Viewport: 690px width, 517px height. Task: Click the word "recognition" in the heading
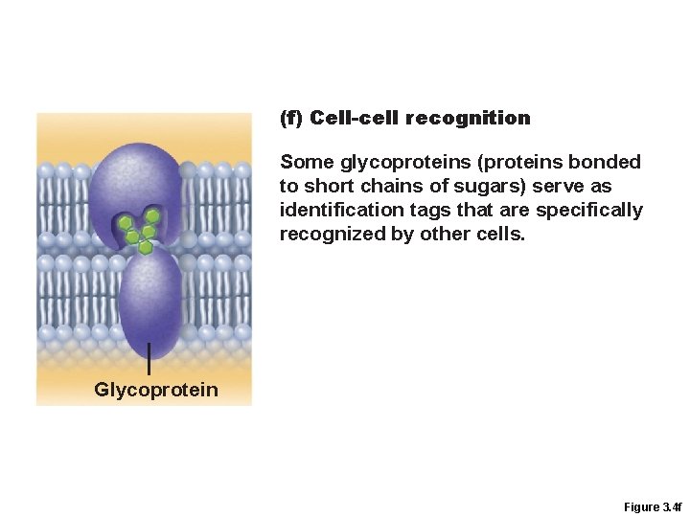coord(468,119)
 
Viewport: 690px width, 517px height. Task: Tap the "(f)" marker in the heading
coord(291,119)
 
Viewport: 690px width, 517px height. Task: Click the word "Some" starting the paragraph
coord(303,162)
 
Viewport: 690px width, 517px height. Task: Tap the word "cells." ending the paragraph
coord(501,234)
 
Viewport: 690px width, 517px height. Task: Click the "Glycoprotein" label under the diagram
coord(156,390)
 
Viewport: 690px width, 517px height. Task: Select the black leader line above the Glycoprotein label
coord(149,360)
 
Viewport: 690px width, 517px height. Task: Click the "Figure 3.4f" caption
coord(652,506)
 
